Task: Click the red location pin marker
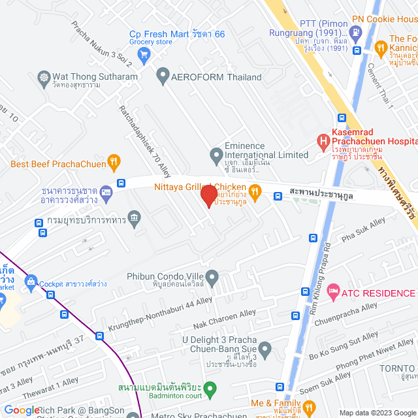click(208, 195)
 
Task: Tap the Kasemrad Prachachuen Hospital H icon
click(322, 140)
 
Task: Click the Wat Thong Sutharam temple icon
click(44, 77)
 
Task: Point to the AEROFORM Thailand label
click(216, 77)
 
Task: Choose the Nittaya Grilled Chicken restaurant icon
click(255, 191)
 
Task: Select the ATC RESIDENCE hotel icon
click(333, 289)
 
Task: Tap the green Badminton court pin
click(210, 391)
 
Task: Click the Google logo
click(22, 410)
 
